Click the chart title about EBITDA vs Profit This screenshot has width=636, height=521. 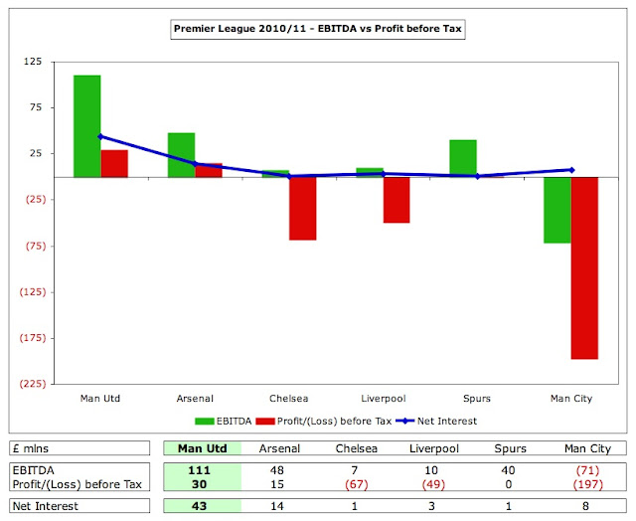(x=318, y=30)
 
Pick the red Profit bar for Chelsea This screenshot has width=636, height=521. (x=302, y=208)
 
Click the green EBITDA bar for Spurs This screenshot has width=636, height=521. (x=462, y=158)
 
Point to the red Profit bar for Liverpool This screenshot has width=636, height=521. (x=397, y=199)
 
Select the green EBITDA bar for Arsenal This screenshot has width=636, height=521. (x=181, y=154)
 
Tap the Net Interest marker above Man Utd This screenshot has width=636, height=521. (x=100, y=137)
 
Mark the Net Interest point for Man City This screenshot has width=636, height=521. (x=570, y=170)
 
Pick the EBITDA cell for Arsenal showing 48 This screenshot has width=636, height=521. (x=278, y=469)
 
